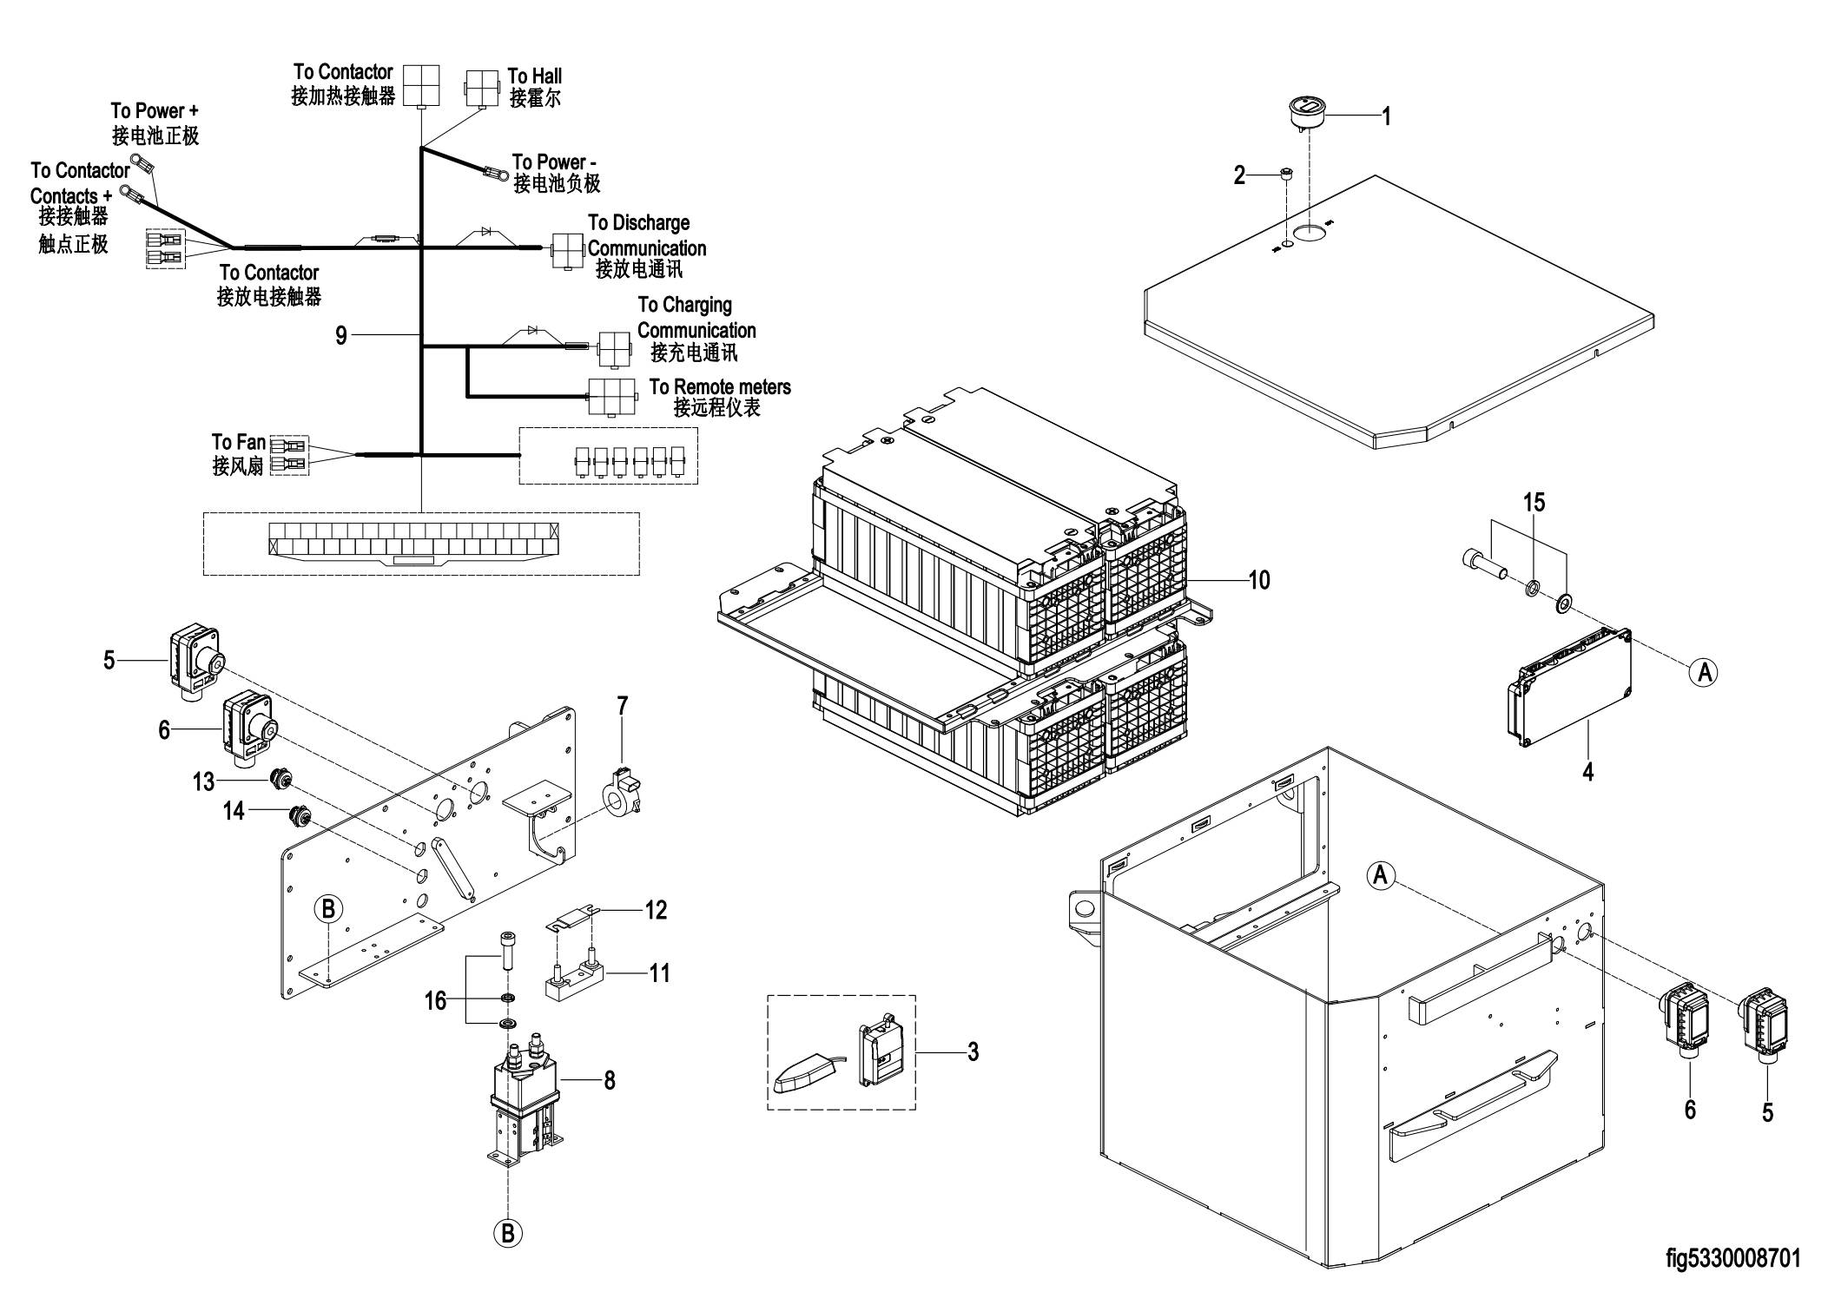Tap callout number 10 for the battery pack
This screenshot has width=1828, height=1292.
coord(1259,580)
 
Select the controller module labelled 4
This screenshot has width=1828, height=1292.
coord(1570,688)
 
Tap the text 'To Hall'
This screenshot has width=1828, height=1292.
coord(534,76)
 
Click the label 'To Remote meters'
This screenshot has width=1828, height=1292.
coord(720,386)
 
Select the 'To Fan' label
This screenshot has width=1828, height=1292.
coord(239,443)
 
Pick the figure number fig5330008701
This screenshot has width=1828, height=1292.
coord(1733,1258)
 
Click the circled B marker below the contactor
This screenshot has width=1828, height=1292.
coord(508,1234)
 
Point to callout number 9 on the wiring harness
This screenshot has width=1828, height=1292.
coord(341,336)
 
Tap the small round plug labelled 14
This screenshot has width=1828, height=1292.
coord(300,817)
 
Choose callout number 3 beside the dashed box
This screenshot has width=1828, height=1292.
coord(973,1051)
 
